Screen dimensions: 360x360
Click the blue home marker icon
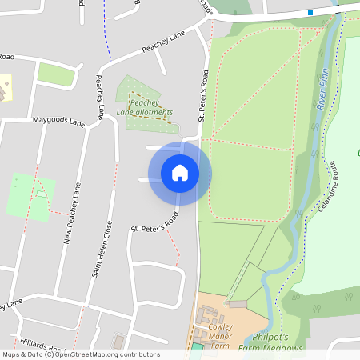pos(179,173)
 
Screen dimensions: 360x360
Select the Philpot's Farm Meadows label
pos(277,342)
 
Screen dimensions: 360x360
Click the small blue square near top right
pos(310,12)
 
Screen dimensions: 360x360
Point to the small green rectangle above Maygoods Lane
pos(55,74)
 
